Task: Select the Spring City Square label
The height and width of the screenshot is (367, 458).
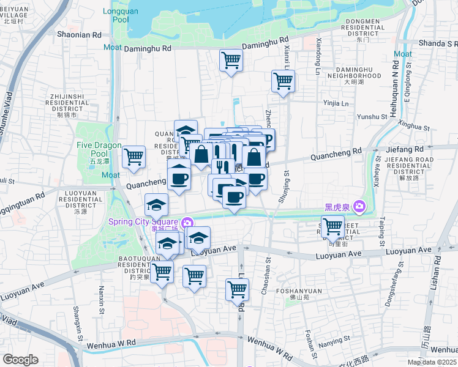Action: (145, 221)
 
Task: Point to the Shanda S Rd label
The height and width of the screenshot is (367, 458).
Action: (438, 43)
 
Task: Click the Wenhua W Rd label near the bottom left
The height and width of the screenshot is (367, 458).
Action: (111, 345)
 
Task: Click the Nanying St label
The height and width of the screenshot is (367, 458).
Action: (334, 338)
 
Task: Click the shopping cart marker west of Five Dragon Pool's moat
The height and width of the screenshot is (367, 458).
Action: (133, 157)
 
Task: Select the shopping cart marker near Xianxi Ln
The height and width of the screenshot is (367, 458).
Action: (283, 81)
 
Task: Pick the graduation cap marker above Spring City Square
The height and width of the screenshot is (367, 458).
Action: (156, 204)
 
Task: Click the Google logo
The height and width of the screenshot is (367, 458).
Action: (20, 360)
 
